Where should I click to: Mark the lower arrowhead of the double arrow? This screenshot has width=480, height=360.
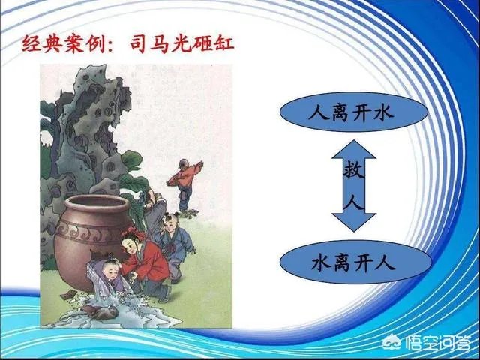point(353,224)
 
